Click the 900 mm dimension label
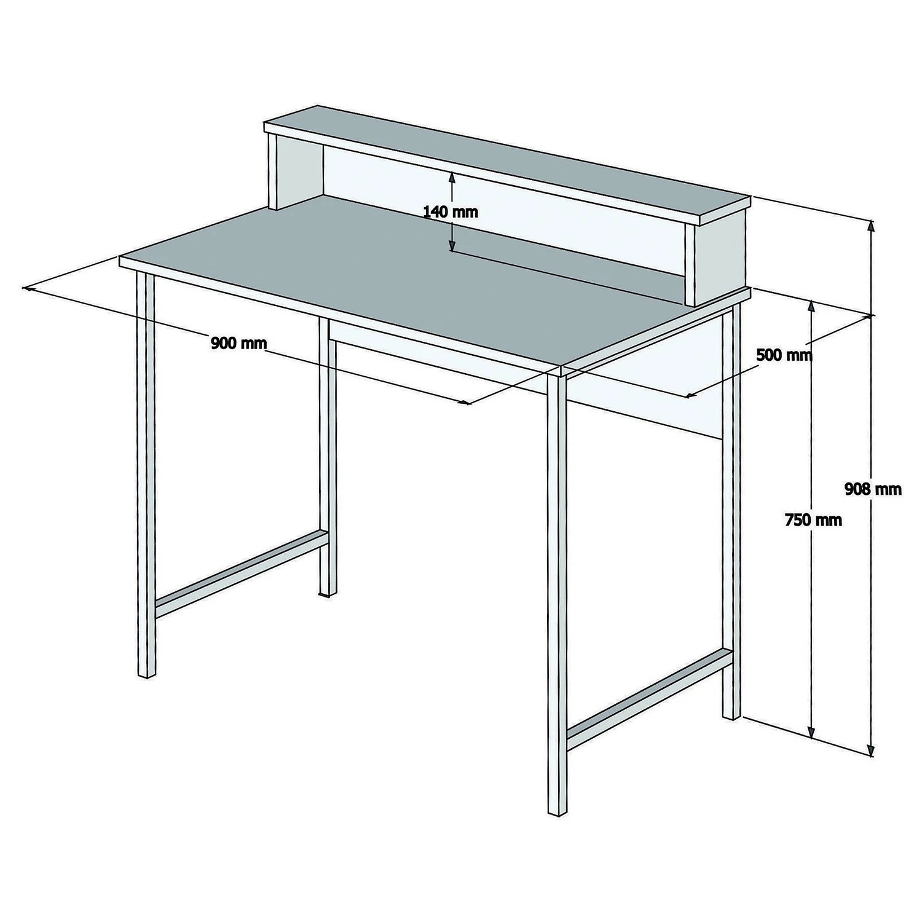pyautogui.click(x=239, y=343)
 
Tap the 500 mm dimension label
pyautogui.click(x=784, y=355)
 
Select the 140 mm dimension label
pyautogui.click(x=451, y=212)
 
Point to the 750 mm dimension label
pyautogui.click(x=813, y=520)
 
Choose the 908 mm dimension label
pyautogui.click(x=873, y=489)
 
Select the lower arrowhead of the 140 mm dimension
pyautogui.click(x=452, y=245)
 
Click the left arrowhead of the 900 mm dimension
pyautogui.click(x=28, y=288)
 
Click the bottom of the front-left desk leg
pyautogui.click(x=146, y=674)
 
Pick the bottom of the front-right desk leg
pyautogui.click(x=557, y=811)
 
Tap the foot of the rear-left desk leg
pyautogui.click(x=328, y=593)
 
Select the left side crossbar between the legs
pyautogui.click(x=241, y=573)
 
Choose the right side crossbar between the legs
pyautogui.click(x=649, y=699)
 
